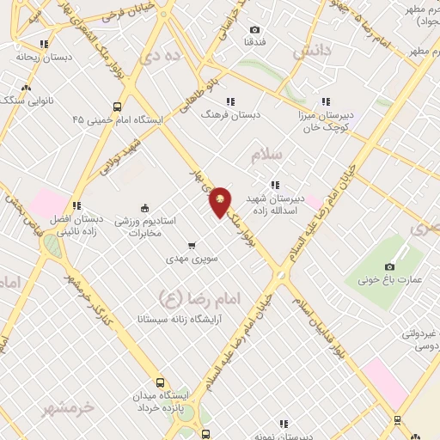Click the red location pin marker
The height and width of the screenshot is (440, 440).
tap(221, 201)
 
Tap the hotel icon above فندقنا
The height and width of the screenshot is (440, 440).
tap(254, 28)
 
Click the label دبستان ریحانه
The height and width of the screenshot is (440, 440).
tap(35, 57)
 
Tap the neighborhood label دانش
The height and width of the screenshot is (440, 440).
tap(311, 52)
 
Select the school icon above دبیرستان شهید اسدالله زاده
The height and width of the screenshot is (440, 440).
tap(275, 184)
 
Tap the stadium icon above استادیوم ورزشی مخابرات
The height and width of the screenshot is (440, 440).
tap(144, 207)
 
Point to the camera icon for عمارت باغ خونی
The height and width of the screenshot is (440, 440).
tap(390, 266)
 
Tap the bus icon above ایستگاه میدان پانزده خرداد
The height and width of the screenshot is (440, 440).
tap(159, 382)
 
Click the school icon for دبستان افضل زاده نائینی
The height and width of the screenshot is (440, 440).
tap(76, 205)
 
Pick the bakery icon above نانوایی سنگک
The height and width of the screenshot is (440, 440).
tap(27, 87)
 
